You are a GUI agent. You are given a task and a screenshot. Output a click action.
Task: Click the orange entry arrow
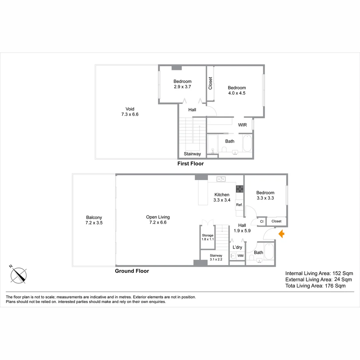(282, 234)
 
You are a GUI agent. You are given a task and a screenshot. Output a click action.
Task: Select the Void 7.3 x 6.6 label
(130, 112)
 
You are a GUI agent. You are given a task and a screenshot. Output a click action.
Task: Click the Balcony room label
(94, 217)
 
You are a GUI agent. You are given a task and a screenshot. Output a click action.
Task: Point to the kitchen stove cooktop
(240, 189)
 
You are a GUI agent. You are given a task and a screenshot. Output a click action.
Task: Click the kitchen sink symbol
(221, 179)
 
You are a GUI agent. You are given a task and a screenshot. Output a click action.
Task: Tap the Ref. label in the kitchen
(239, 205)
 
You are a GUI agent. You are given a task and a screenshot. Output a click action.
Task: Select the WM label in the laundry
(240, 256)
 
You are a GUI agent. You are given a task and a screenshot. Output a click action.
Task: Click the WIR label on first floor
(242, 125)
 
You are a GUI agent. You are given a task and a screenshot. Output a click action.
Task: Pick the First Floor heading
(191, 163)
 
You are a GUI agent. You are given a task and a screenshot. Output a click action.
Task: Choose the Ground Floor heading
(132, 271)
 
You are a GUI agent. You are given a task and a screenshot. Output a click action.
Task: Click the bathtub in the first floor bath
(247, 143)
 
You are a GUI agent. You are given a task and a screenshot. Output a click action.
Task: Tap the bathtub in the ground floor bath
(269, 251)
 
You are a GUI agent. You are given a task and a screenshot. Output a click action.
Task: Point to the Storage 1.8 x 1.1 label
(208, 237)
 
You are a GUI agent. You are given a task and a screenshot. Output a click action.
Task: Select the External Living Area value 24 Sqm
(343, 279)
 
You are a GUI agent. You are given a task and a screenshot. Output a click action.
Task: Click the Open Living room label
(158, 217)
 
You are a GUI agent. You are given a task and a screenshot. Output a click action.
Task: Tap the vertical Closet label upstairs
(210, 83)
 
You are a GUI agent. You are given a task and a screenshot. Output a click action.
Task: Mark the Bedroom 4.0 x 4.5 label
(237, 90)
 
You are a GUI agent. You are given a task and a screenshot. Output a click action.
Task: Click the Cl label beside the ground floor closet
(262, 221)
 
